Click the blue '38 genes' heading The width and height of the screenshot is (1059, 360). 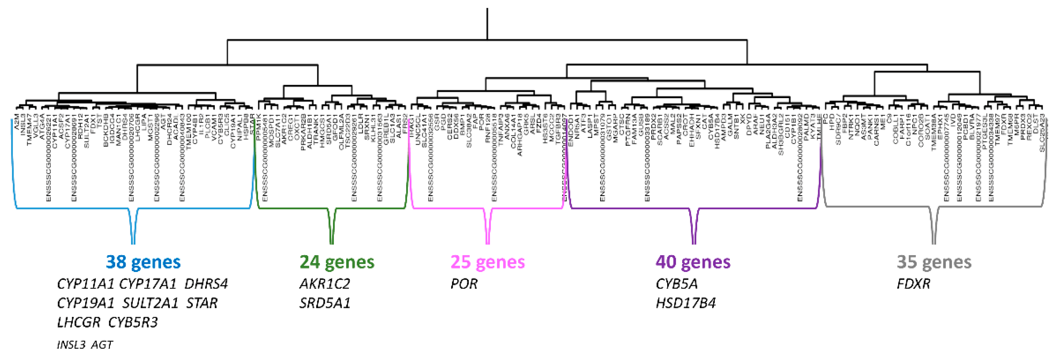143,262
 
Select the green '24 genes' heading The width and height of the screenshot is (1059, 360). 337,262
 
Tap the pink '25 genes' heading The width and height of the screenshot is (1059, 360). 488,262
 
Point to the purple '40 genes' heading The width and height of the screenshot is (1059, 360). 693,262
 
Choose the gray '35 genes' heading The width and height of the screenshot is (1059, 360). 934,262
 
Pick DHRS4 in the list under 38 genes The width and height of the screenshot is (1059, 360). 206,284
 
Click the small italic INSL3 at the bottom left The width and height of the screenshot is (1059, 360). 71,344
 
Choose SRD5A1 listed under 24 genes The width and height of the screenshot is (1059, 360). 325,303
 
